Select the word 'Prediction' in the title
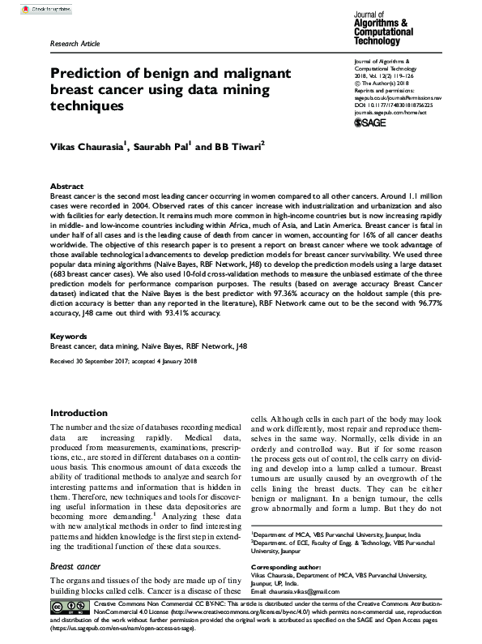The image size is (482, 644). (86, 74)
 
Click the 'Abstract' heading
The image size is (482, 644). (66, 186)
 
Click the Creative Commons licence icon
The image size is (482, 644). (69, 607)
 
